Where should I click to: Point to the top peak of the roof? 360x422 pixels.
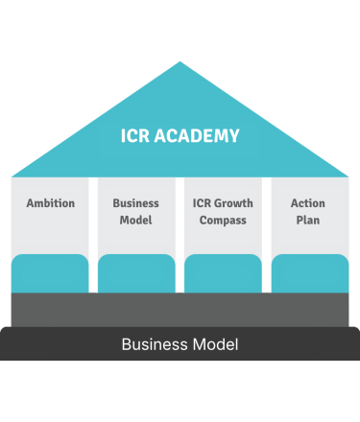[180, 63]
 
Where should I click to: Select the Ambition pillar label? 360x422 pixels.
[50, 203]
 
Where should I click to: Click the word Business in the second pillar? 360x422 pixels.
[136, 203]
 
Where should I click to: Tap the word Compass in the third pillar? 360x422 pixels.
[223, 221]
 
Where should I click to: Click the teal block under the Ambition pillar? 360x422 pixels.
[50, 273]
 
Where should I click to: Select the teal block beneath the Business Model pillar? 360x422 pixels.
[136, 273]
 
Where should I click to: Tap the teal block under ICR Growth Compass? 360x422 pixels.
[223, 273]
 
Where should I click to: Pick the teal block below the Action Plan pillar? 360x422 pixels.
[309, 273]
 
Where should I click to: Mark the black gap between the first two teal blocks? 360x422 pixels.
[93, 284]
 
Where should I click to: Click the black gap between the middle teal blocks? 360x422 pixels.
[180, 284]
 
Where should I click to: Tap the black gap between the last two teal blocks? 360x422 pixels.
[266, 284]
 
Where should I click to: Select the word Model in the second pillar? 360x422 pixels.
[136, 221]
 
